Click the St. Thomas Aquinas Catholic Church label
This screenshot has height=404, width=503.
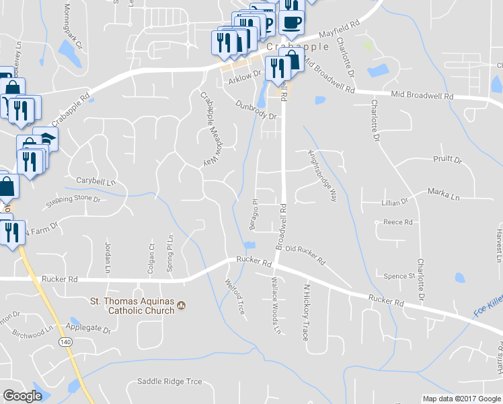coord(132,306)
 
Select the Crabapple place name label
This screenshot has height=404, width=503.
coord(298,46)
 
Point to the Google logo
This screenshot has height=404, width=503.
coord(22,396)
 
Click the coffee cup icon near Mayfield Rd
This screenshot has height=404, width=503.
coord(291,22)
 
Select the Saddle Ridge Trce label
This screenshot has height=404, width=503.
coord(169,382)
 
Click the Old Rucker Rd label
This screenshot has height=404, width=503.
coord(305,254)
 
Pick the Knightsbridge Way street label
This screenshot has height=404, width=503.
coord(323,175)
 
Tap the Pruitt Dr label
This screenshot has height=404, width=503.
coord(447,160)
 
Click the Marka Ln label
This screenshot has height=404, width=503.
coord(444,193)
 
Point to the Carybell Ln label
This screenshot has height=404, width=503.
coord(95,182)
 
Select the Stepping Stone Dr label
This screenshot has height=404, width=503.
coord(73,201)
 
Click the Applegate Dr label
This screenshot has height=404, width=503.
coord(88,330)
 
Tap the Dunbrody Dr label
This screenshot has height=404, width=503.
coord(256,110)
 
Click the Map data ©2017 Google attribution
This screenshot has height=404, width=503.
coord(461,399)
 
